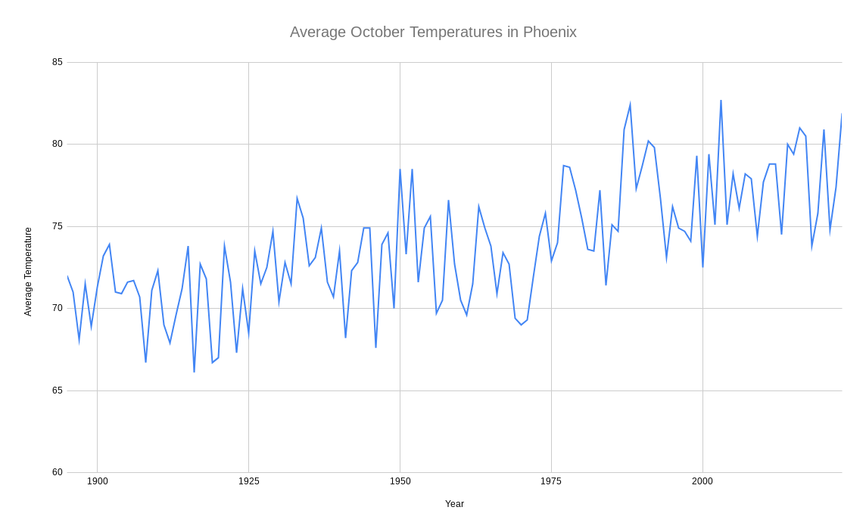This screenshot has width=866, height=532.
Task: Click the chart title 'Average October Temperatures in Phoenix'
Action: click(433, 32)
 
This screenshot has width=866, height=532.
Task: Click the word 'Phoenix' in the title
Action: click(550, 32)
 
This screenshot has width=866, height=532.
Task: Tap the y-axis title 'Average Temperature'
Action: click(28, 272)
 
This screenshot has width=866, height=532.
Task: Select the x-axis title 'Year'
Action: click(454, 504)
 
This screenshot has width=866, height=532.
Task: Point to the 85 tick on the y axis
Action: click(58, 62)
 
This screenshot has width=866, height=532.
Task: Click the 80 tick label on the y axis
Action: click(58, 144)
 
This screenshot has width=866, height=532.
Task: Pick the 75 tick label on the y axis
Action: click(58, 226)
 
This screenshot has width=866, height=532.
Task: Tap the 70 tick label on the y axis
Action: click(58, 308)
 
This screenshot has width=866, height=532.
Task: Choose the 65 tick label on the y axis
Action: click(58, 390)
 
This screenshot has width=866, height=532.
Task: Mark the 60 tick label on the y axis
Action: click(58, 472)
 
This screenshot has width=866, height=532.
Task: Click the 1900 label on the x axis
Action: click(98, 481)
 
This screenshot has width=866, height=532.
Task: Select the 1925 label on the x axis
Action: click(249, 481)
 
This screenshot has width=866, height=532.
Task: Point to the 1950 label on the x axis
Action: click(400, 481)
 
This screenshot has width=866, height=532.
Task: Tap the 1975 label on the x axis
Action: click(551, 481)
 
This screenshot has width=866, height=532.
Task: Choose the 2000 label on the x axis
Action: click(702, 481)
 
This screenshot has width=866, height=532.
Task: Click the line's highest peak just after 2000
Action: click(721, 101)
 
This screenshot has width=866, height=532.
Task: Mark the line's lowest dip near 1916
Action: click(194, 372)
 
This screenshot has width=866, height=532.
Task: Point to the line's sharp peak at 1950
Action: click(400, 170)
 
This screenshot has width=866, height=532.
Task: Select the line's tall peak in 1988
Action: click(630, 104)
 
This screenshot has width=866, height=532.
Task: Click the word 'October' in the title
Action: click(378, 32)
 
